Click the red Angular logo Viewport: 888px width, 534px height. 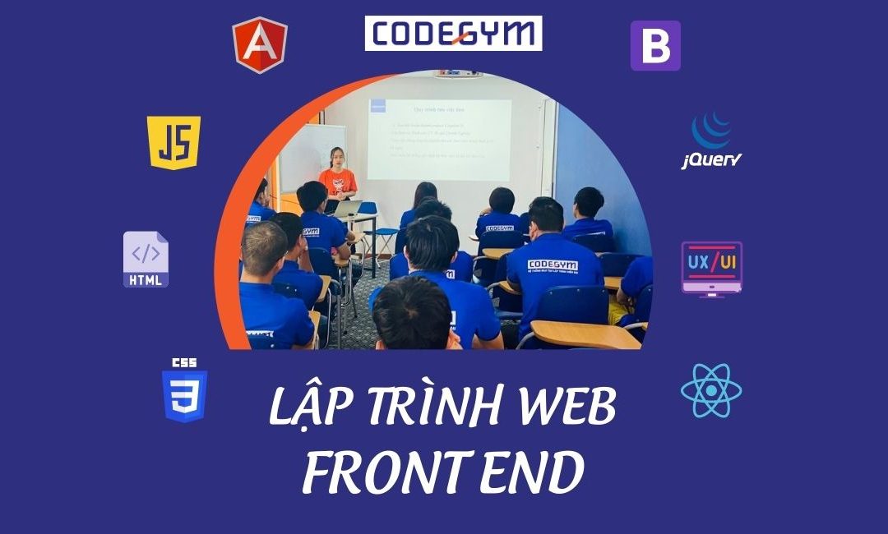coord(260,44)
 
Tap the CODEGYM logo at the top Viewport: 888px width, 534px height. coord(453,34)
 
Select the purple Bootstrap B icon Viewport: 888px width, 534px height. coord(655,46)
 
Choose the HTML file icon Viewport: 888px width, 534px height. coord(146,260)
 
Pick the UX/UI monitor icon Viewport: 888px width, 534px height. coord(712,268)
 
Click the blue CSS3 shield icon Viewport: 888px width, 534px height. coord(184,391)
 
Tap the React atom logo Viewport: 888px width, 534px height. coord(711,390)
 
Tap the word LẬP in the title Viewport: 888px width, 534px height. coord(307,407)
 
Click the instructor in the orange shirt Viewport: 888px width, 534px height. coord(336,176)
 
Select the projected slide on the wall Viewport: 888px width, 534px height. coord(439,138)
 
